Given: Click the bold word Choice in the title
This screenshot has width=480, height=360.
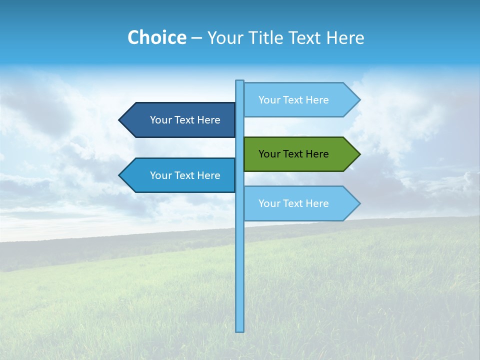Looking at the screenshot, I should tap(156, 37).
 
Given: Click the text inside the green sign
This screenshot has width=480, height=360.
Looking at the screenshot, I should tap(293, 154).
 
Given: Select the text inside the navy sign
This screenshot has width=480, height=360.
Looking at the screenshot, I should tap(185, 120).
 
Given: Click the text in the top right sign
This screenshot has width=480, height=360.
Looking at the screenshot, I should tap(293, 100).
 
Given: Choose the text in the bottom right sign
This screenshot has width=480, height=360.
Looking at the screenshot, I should tap(293, 203).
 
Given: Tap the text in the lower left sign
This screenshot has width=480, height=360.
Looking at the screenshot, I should tap(185, 175).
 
